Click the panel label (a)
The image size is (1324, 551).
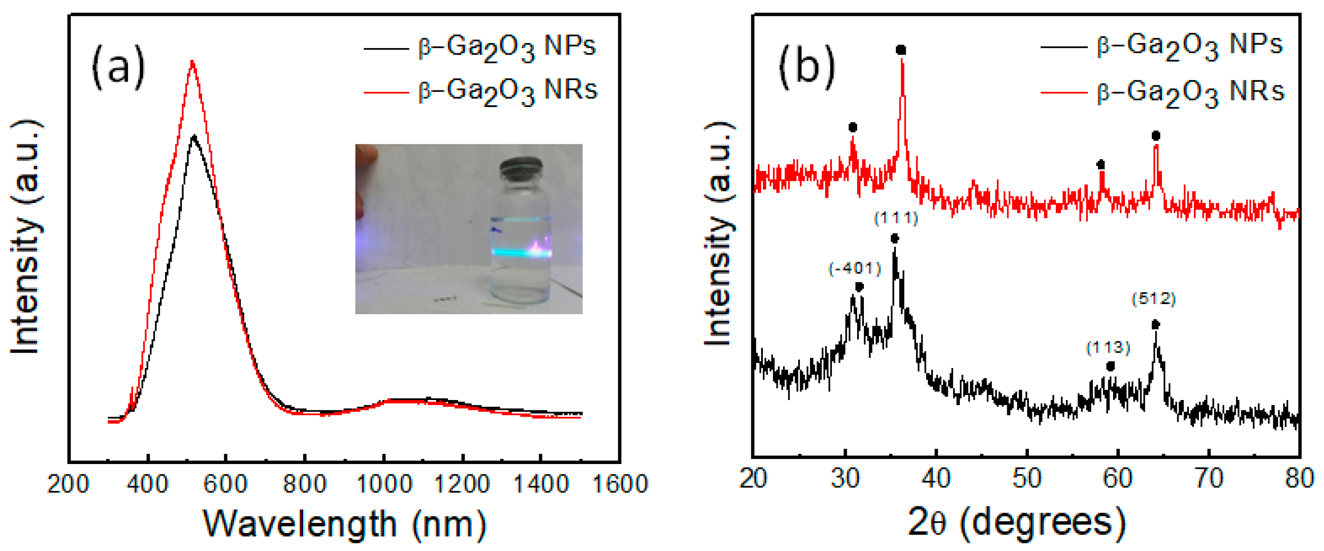(118, 68)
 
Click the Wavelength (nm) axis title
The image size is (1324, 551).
(345, 524)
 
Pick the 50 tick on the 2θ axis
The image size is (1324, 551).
(1026, 478)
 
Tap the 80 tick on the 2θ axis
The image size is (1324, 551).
(1299, 478)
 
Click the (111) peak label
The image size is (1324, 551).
(896, 218)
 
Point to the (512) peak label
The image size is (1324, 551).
(1154, 299)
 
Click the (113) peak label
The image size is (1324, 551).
(1108, 348)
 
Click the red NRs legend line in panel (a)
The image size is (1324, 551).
(385, 93)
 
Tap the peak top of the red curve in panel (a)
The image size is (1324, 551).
(192, 63)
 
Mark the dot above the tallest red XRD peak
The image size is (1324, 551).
(901, 50)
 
